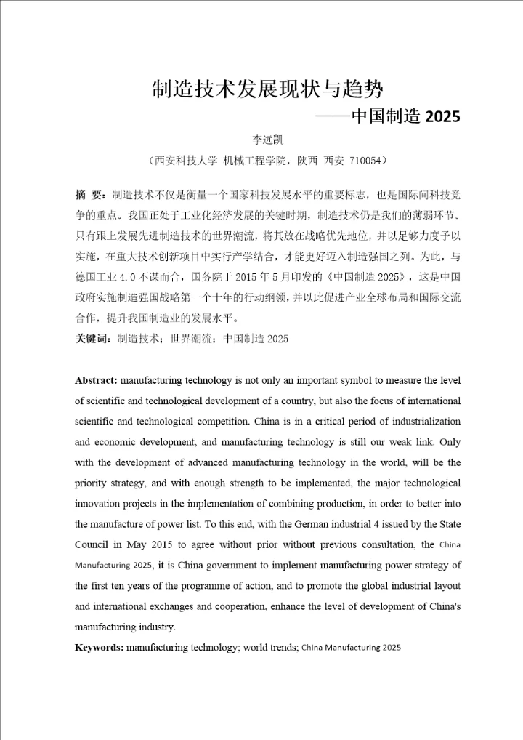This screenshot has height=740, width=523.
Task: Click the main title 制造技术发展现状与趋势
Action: pyautogui.click(x=267, y=89)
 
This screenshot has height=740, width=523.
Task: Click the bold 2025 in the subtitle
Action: pyautogui.click(x=442, y=116)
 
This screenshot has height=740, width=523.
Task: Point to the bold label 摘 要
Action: pyautogui.click(x=90, y=196)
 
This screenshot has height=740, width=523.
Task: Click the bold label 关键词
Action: pyautogui.click(x=92, y=339)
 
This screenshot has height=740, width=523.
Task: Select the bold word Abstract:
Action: pyautogui.click(x=96, y=380)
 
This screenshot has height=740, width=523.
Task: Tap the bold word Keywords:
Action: pyautogui.click(x=100, y=646)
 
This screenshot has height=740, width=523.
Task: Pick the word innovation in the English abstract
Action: pyautogui.click(x=99, y=503)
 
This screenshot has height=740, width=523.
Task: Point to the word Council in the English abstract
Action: pyautogui.click(x=92, y=544)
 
